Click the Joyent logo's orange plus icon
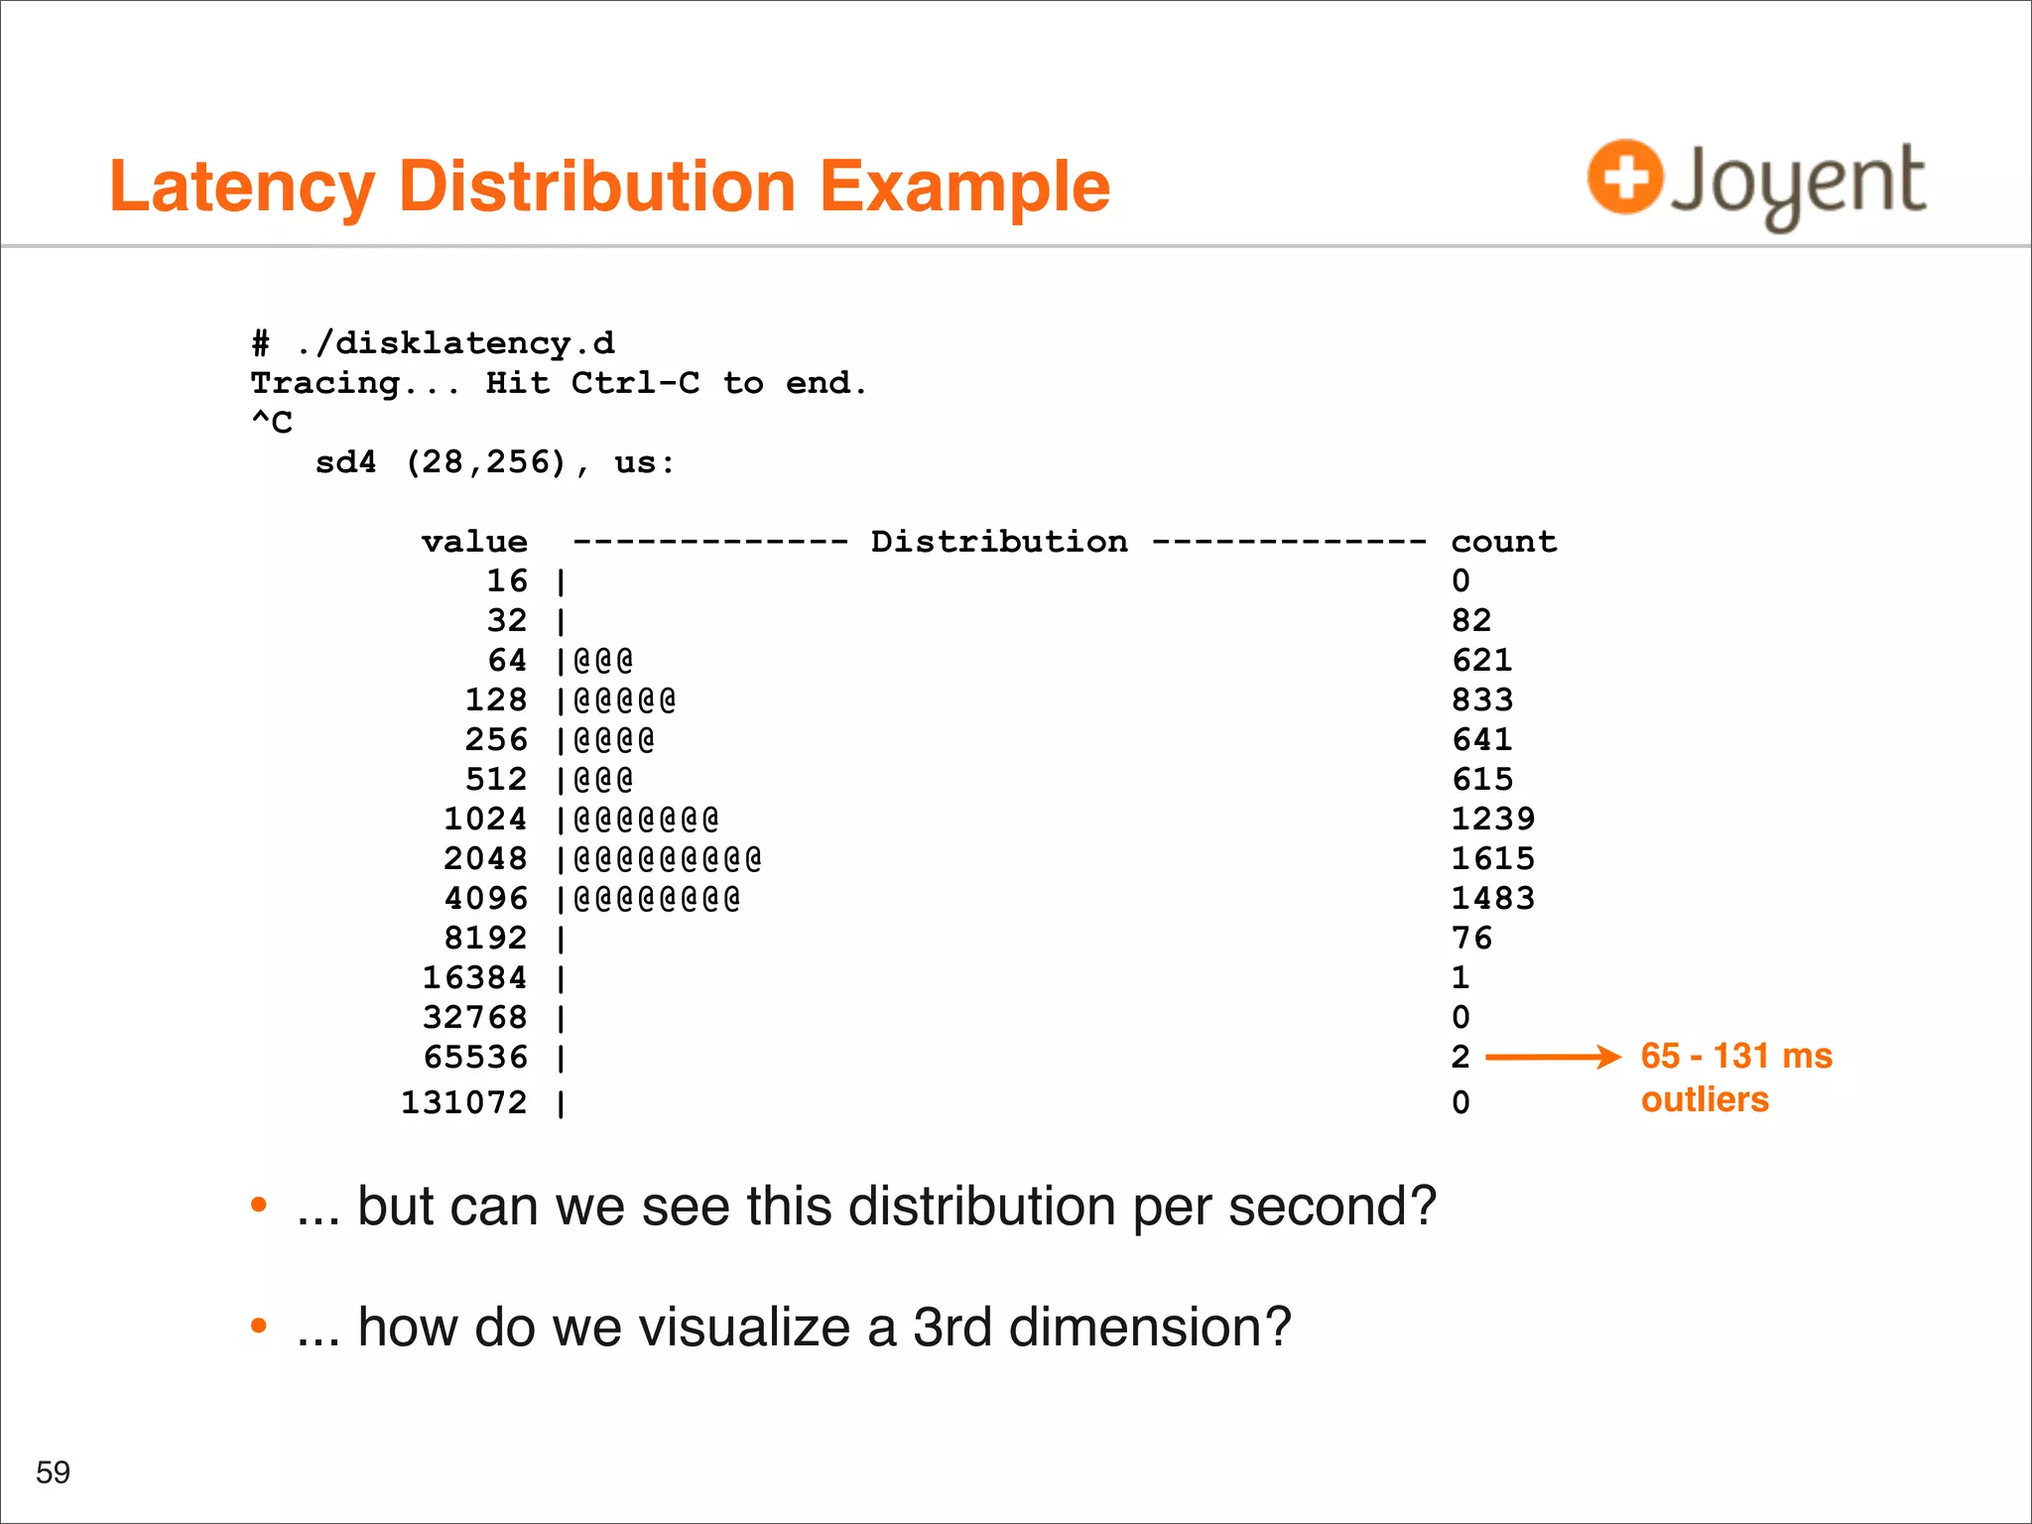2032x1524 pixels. [1625, 178]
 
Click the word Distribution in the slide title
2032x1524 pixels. [597, 187]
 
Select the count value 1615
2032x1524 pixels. [1492, 858]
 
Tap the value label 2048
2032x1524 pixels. [485, 858]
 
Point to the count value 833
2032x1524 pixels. [1481, 699]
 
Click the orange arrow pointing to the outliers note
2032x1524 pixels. [1552, 1057]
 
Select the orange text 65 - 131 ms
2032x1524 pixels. [1736, 1056]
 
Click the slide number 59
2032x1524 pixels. [53, 1471]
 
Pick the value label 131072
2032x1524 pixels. [463, 1102]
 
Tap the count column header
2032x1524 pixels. [1503, 542]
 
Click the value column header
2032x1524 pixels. [474, 542]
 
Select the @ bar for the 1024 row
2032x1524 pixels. [646, 820]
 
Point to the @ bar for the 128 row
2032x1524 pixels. [625, 700]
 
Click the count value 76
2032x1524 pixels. [1471, 938]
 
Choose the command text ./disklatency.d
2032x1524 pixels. [455, 343]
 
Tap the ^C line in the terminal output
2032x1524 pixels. [272, 423]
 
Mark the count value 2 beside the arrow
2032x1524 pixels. [1460, 1057]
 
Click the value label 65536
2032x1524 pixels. [475, 1057]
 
